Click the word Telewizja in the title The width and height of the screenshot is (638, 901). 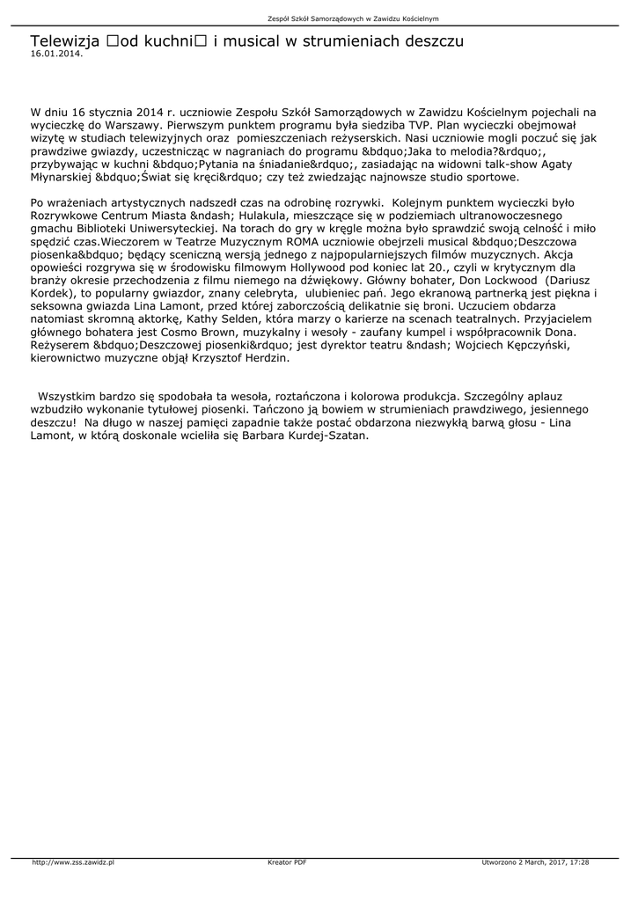(x=64, y=41)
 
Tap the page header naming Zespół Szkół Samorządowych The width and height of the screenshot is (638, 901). (x=353, y=18)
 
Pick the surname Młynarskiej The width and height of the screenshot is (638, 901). (x=61, y=177)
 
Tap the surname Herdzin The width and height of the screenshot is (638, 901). (x=263, y=358)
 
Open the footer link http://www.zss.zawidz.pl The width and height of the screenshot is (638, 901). (x=73, y=862)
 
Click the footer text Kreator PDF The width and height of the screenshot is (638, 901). (x=287, y=862)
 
